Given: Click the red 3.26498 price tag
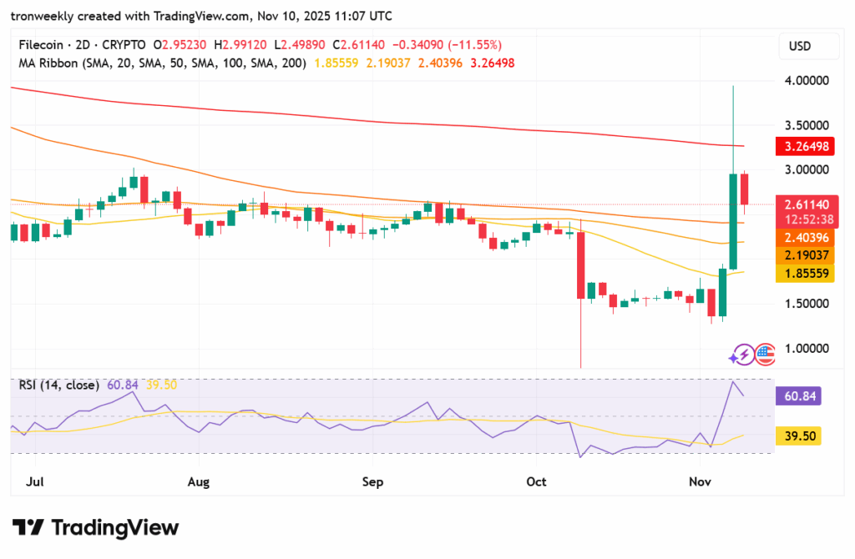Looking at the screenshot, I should (807, 147).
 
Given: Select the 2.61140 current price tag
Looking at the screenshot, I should (807, 204).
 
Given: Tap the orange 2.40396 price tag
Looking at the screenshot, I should (807, 238).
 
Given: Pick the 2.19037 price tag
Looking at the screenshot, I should (807, 255).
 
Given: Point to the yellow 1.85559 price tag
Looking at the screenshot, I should (807, 273).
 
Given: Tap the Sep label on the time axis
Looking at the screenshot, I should (373, 481).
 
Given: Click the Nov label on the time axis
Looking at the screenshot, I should (699, 481).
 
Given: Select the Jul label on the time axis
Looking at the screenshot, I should (35, 481).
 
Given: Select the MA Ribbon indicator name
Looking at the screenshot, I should (47, 63).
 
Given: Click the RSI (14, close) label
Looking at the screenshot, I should (59, 385).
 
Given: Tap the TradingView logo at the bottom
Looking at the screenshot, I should (96, 527).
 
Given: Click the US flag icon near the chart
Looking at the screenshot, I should (765, 355).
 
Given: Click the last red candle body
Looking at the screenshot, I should (743, 189).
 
